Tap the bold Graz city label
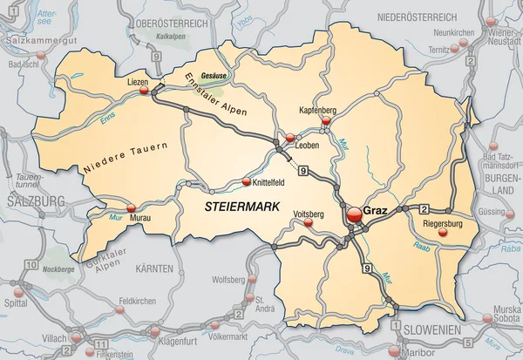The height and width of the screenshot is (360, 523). pyautogui.click(x=376, y=211)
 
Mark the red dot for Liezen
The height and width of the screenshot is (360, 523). pyautogui.click(x=155, y=88)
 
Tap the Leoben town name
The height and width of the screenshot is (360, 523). pyautogui.click(x=307, y=146)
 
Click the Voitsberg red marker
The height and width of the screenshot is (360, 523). pyautogui.click(x=308, y=223)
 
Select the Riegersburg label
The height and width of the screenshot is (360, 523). pyautogui.click(x=443, y=224)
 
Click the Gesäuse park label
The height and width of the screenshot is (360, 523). pyautogui.click(x=213, y=76)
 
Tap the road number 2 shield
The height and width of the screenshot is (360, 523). pyautogui.click(x=424, y=207)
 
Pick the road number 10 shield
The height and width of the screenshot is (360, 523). pyautogui.click(x=31, y=263)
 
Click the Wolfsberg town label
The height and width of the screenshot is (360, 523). pyautogui.click(x=228, y=281)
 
